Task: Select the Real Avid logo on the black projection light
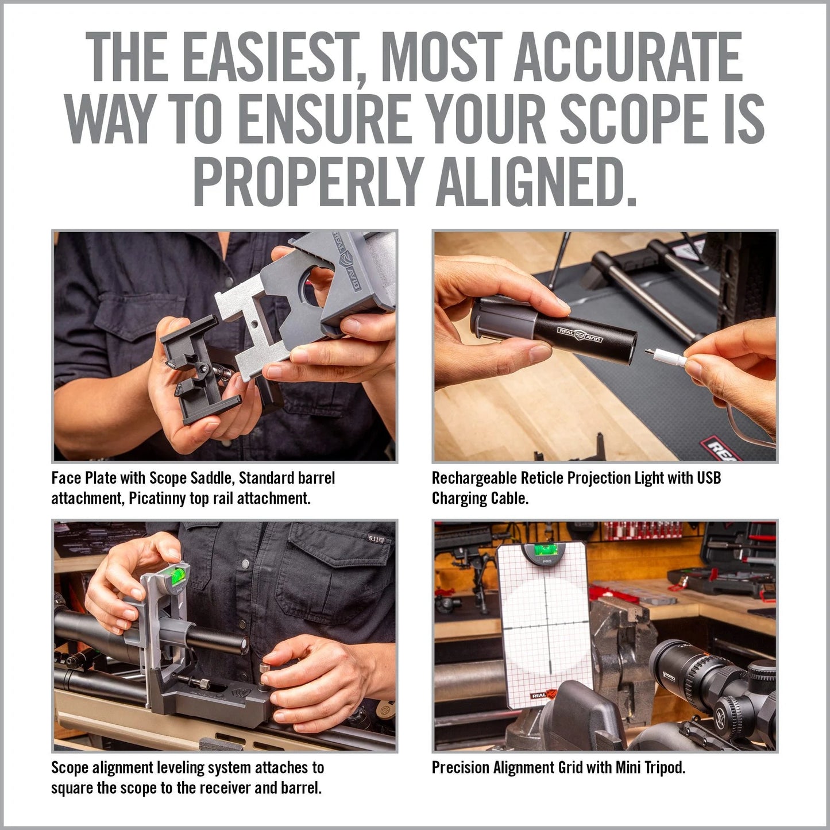point(580,334)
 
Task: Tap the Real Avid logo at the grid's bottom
point(542,694)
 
